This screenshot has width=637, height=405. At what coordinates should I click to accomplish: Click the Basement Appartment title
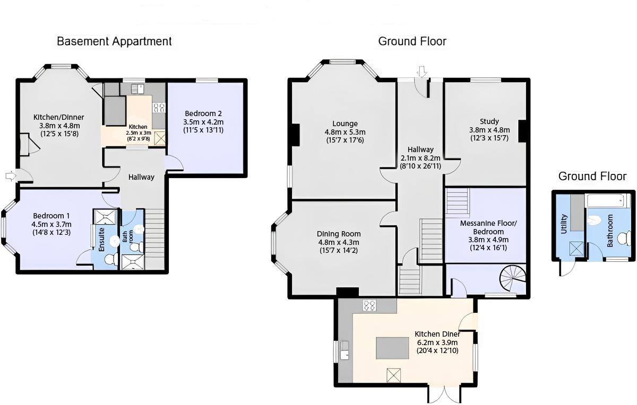(114, 41)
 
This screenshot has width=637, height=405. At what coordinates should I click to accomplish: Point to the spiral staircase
(513, 279)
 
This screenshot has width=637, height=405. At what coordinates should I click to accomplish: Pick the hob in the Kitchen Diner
(369, 305)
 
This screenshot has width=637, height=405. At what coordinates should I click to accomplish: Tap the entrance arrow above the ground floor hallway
(422, 71)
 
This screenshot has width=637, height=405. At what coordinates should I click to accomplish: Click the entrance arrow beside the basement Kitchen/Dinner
(10, 175)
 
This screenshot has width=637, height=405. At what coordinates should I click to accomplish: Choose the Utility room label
(564, 224)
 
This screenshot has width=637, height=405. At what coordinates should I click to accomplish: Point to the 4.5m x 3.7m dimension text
(51, 224)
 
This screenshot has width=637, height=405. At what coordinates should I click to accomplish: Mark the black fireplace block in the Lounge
(295, 134)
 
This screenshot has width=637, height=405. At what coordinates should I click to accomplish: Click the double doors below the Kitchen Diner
(444, 393)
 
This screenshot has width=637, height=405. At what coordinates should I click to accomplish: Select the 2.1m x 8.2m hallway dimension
(420, 158)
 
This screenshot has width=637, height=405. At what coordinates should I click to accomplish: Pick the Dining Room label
(338, 234)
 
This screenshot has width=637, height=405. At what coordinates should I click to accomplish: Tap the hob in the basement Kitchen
(159, 108)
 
